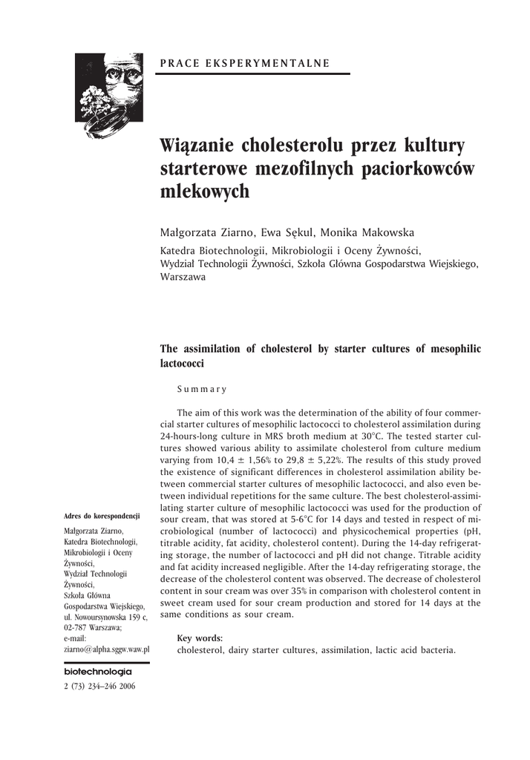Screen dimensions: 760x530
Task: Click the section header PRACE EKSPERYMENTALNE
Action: point(245,62)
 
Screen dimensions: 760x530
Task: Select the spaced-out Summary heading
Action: point(202,388)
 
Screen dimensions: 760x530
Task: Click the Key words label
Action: point(200,638)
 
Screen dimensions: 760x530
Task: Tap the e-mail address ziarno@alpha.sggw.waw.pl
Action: point(107,648)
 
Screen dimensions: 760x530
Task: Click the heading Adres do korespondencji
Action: point(102,516)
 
